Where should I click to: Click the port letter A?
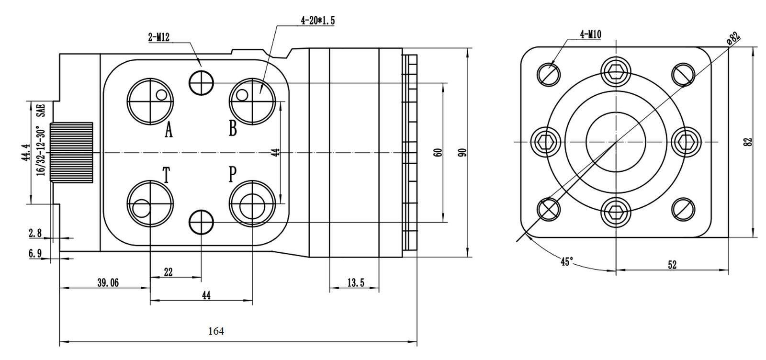pyautogui.click(x=169, y=130)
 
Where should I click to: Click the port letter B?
pyautogui.click(x=233, y=129)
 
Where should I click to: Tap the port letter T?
pyautogui.click(x=166, y=175)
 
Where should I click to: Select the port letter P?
pyautogui.click(x=233, y=174)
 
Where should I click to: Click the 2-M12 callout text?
pyautogui.click(x=158, y=37)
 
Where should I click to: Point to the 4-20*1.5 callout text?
pyautogui.click(x=318, y=21)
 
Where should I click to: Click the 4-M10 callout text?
pyautogui.click(x=591, y=34)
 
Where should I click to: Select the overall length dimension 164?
pyautogui.click(x=216, y=331)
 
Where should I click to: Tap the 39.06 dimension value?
pyautogui.click(x=108, y=283)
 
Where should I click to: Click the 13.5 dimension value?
pyautogui.click(x=356, y=283)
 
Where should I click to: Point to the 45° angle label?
pyautogui.click(x=566, y=262)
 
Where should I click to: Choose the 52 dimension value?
pyautogui.click(x=672, y=265)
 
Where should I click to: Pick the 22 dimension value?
pyautogui.click(x=168, y=272)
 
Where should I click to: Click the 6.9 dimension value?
pyautogui.click(x=35, y=253)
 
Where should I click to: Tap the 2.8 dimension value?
pyautogui.click(x=35, y=233)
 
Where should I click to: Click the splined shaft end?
pyautogui.click(x=71, y=153)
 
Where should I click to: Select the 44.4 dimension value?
pyautogui.click(x=26, y=153)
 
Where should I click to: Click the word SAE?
pyautogui.click(x=41, y=111)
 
